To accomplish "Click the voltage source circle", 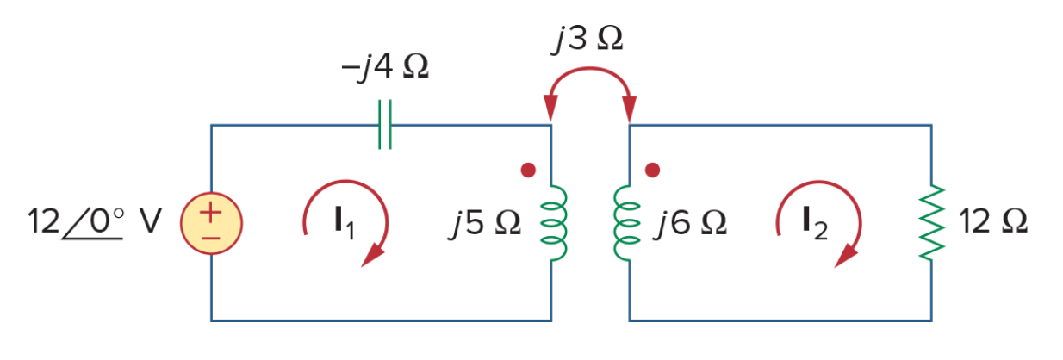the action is (211, 223).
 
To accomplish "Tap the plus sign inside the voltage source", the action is (211, 213).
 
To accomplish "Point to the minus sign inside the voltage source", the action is (211, 238).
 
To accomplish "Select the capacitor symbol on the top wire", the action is (385, 125).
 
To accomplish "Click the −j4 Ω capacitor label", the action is (385, 66).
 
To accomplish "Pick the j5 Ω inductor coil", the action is (553, 223).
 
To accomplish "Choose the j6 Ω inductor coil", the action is (626, 223).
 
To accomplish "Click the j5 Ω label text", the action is (484, 223).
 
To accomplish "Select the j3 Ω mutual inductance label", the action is (587, 39).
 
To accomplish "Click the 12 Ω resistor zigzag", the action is (931, 222).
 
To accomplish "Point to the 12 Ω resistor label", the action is (993, 221).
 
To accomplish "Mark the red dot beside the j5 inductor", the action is (528, 170).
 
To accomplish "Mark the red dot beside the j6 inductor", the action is (652, 170).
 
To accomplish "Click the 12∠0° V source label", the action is (95, 222).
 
